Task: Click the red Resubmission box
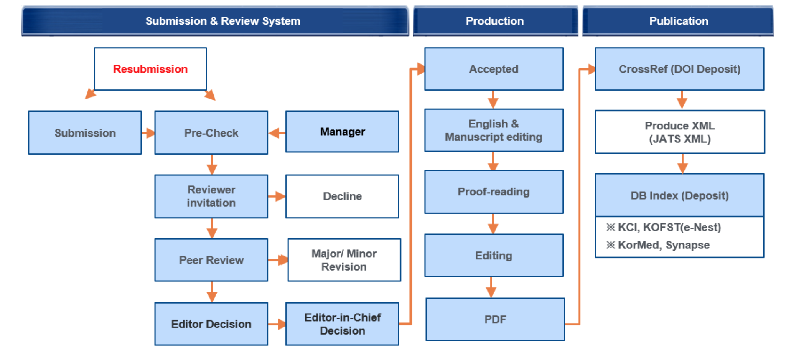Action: [x=150, y=69]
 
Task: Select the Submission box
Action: [x=85, y=132]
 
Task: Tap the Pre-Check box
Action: [x=211, y=132]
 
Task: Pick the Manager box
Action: [x=342, y=132]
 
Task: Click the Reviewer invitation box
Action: [x=211, y=196]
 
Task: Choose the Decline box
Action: [x=342, y=196]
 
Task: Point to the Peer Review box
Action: [x=211, y=260]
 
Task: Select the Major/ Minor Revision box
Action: [x=344, y=260]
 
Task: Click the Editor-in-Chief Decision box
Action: [x=342, y=324]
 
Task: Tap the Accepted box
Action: [x=494, y=69]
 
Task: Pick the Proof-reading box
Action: [x=494, y=192]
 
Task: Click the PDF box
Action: [x=495, y=319]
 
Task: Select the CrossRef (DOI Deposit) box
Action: [x=679, y=69]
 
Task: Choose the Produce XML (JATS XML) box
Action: [x=680, y=132]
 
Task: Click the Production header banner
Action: [x=495, y=21]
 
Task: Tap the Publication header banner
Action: [x=678, y=21]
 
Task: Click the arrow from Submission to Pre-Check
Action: [x=148, y=133]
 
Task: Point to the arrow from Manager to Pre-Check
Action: [x=277, y=133]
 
